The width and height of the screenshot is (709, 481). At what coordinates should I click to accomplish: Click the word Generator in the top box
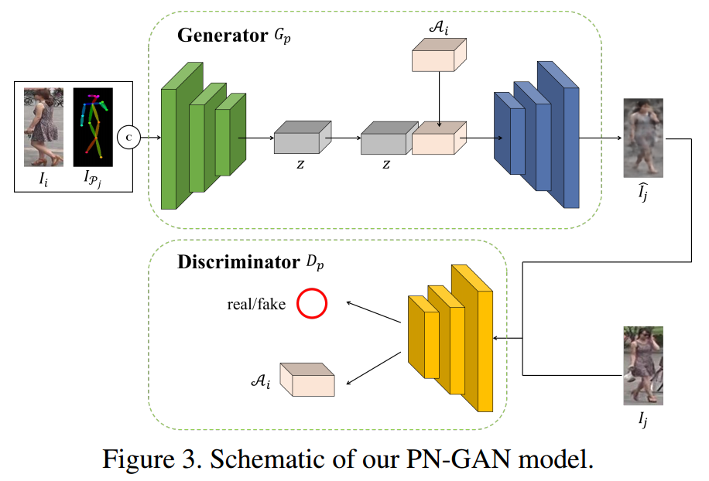[x=221, y=36]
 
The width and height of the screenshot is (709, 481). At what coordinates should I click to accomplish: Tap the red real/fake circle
[x=313, y=304]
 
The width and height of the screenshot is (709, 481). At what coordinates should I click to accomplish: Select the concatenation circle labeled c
[x=128, y=138]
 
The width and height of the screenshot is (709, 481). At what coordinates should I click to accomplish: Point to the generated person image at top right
[x=643, y=138]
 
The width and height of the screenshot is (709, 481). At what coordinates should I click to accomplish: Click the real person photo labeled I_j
[x=643, y=366]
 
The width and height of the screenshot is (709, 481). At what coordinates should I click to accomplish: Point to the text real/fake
[x=256, y=305]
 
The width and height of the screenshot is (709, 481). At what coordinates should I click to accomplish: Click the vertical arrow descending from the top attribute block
[x=440, y=97]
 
